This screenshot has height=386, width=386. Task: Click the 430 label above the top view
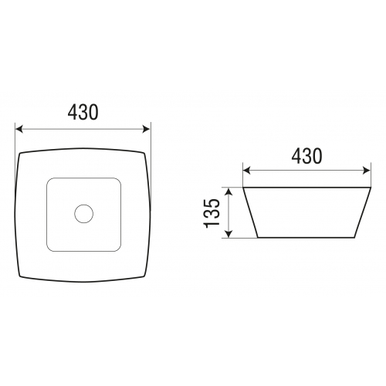[x=83, y=112]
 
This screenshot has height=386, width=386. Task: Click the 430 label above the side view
[x=306, y=156]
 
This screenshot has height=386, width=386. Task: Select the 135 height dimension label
[x=212, y=213]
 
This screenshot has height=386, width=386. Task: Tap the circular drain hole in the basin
[x=83, y=214]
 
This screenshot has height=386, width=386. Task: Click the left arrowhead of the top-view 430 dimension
[x=19, y=129]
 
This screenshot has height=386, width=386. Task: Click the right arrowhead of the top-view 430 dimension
[x=146, y=129]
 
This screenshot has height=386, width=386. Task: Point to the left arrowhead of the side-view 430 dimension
[x=247, y=171]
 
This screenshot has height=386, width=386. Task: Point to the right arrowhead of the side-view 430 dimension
[x=367, y=171]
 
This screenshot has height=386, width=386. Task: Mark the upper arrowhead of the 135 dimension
[x=229, y=191]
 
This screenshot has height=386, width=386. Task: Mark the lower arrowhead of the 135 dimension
[x=229, y=233]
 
